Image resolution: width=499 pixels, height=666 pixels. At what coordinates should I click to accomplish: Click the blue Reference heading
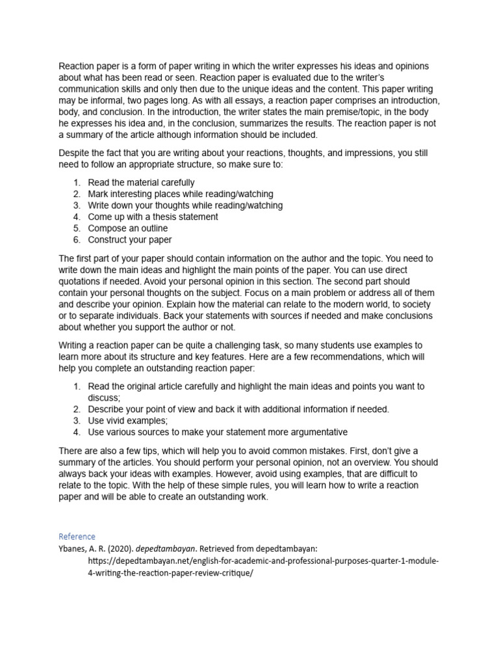(77, 537)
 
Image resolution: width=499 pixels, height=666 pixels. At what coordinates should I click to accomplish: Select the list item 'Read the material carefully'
(141, 183)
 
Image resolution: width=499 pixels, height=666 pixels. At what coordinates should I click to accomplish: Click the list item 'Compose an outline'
(127, 228)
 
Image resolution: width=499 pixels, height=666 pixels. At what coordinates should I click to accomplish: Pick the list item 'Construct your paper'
(130, 240)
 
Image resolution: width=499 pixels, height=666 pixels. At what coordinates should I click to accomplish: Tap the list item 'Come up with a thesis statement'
(153, 217)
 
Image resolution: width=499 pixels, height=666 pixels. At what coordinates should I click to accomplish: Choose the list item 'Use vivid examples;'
(127, 421)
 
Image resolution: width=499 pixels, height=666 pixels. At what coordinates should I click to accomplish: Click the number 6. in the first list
(76, 240)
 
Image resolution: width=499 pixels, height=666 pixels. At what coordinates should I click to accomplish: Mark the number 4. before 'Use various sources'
(76, 432)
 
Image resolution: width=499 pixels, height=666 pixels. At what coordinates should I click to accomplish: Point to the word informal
(105, 101)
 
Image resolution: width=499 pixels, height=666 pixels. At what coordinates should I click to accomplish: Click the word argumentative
(314, 432)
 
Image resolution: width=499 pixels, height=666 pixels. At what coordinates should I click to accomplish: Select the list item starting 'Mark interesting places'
(180, 194)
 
